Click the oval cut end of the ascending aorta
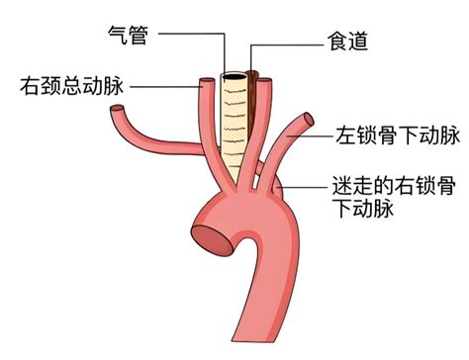[x=211, y=241]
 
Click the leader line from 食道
[x=287, y=45]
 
